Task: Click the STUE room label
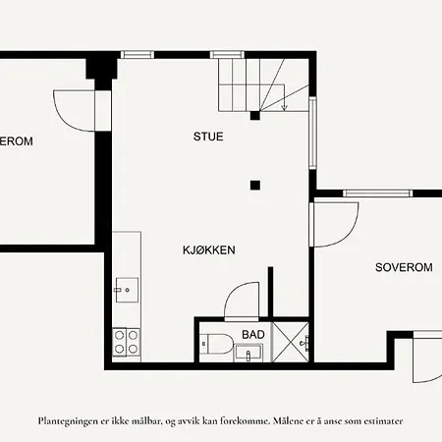pyautogui.click(x=207, y=137)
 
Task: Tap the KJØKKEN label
pyautogui.click(x=207, y=250)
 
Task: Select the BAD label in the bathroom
pyautogui.click(x=252, y=335)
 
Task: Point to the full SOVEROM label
pyautogui.click(x=404, y=267)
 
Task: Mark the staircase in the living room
pyautogui.click(x=250, y=84)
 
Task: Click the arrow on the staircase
pyautogui.click(x=284, y=103)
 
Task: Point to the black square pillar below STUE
pyautogui.click(x=254, y=184)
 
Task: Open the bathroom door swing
pyautogui.click(x=241, y=302)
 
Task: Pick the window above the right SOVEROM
pyautogui.click(x=375, y=193)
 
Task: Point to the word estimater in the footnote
pyautogui.click(x=377, y=420)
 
